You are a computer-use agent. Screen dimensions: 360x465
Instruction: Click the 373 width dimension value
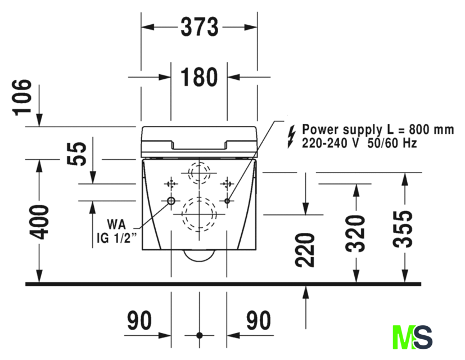199,26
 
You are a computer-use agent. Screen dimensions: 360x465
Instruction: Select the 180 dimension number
199,77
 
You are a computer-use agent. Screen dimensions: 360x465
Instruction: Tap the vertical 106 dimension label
23,97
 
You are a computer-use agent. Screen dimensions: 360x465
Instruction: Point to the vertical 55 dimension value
79,154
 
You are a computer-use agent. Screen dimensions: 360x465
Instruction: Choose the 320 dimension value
355,232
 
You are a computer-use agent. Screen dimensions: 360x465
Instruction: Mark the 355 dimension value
403,229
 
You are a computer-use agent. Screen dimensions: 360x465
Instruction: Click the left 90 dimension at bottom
139,321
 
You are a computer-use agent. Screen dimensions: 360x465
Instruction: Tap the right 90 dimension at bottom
258,321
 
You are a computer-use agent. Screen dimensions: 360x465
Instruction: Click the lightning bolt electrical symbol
290,136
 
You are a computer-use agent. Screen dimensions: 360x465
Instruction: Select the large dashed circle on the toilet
198,214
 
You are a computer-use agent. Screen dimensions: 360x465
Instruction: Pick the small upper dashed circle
198,172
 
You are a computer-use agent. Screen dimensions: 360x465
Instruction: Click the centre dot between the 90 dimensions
198,335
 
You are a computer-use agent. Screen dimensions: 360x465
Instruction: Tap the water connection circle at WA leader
170,201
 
